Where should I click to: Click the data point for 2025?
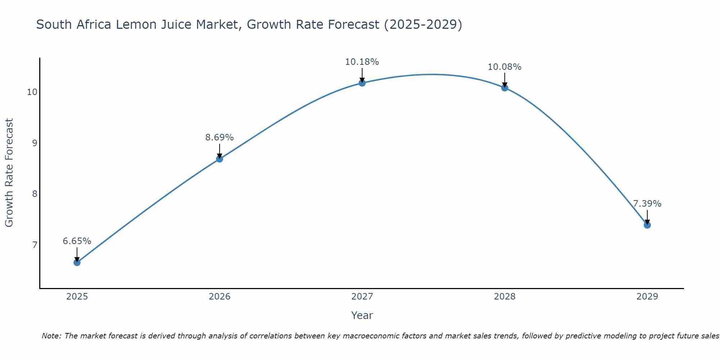coord(77,262)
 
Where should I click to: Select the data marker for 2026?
coord(220,159)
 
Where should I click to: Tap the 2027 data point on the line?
coord(362,83)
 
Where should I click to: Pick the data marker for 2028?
coord(505,88)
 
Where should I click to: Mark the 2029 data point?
coord(647,225)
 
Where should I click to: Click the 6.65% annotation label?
coord(77,241)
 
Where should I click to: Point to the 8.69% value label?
coord(220,138)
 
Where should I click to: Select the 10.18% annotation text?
coord(362,62)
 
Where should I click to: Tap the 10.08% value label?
coord(505,67)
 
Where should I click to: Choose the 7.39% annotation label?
coord(647,204)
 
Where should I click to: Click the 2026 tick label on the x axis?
coord(220,297)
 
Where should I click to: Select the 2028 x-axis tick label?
coord(505,297)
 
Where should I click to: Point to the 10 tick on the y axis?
coord(32,92)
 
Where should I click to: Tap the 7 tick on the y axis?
coord(35,245)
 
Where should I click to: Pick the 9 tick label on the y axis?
coord(35,143)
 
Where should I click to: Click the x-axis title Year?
coord(362,315)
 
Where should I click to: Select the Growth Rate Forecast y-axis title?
coord(9,173)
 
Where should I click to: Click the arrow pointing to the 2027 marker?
coord(362,75)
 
